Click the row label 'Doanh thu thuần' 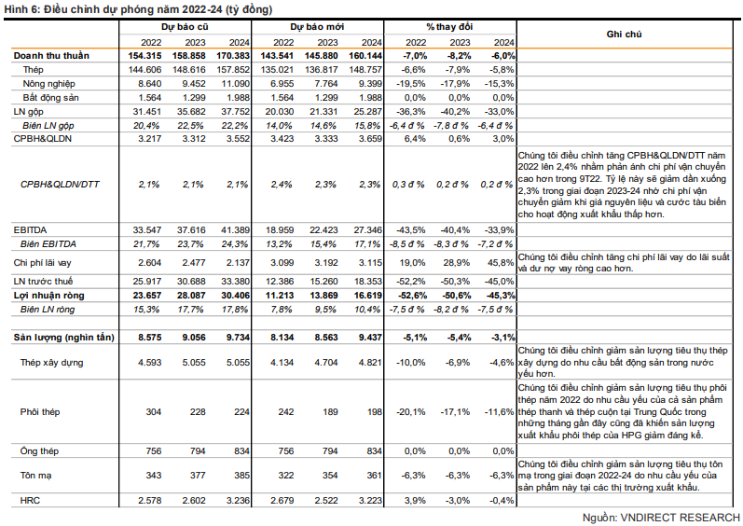click(x=51, y=56)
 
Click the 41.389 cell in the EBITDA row click(x=235, y=229)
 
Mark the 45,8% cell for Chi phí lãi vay click(x=501, y=264)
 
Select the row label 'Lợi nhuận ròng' click(x=48, y=293)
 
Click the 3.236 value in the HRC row click(x=235, y=502)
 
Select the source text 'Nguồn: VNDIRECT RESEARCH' click(x=661, y=517)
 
